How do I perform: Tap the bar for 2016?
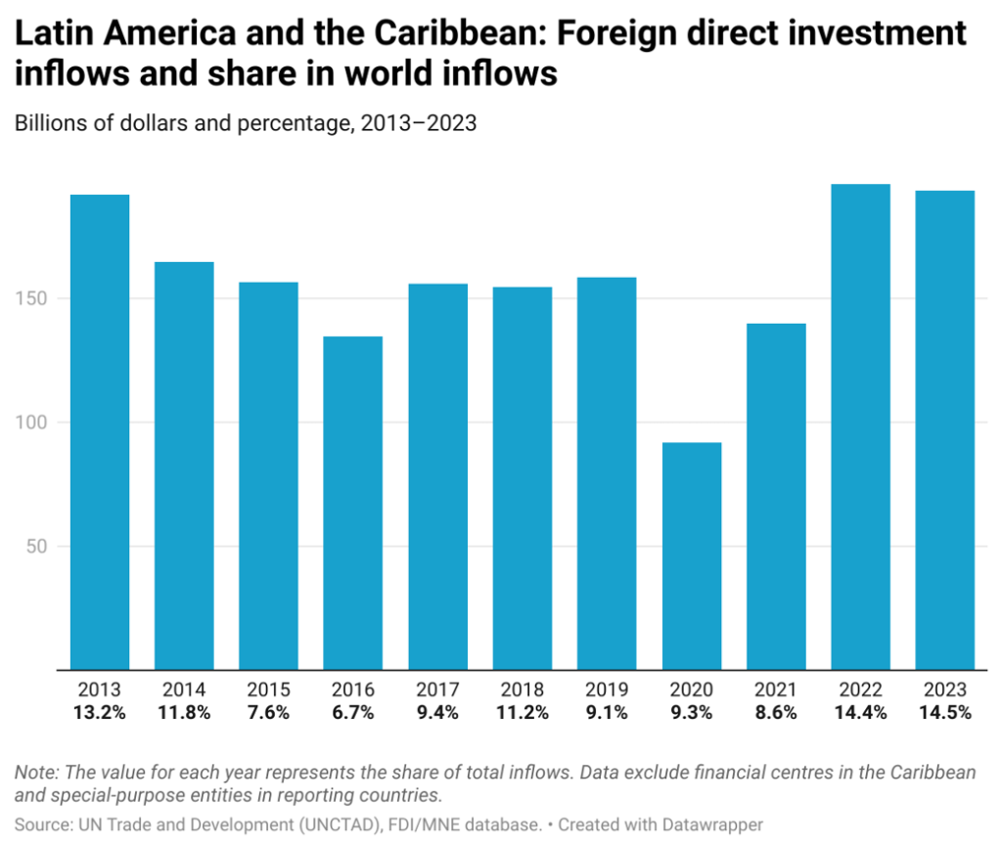tap(353, 503)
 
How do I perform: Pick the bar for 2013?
tap(100, 431)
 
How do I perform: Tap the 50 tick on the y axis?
tap(40, 547)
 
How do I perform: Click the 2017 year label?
tap(437, 690)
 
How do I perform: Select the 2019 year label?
tap(607, 690)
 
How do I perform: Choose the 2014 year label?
tap(184, 690)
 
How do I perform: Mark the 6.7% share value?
tap(353, 713)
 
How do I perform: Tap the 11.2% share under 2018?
tap(523, 713)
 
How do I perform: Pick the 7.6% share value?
tap(269, 713)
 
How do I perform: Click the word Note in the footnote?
tap(35, 773)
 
